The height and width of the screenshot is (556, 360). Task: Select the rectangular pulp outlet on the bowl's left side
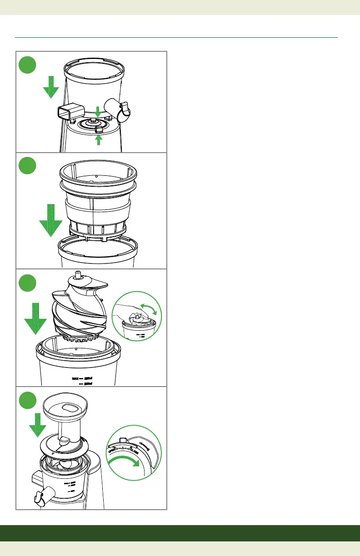tap(70, 112)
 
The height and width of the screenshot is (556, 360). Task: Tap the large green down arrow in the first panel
tap(51, 88)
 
